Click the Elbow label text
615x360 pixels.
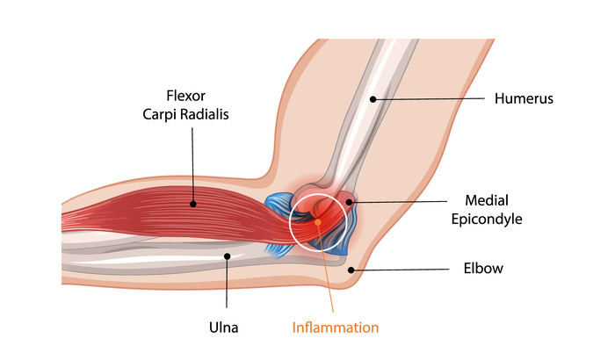point(484,269)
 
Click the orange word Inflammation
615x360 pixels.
point(336,328)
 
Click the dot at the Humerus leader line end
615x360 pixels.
point(373,99)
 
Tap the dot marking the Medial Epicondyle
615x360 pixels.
point(349,202)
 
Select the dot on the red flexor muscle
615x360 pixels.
point(192,204)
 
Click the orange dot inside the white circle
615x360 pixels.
point(317,220)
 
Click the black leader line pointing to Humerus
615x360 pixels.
point(430,99)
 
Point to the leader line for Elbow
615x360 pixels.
point(404,269)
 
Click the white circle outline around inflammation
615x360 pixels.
point(290,220)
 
